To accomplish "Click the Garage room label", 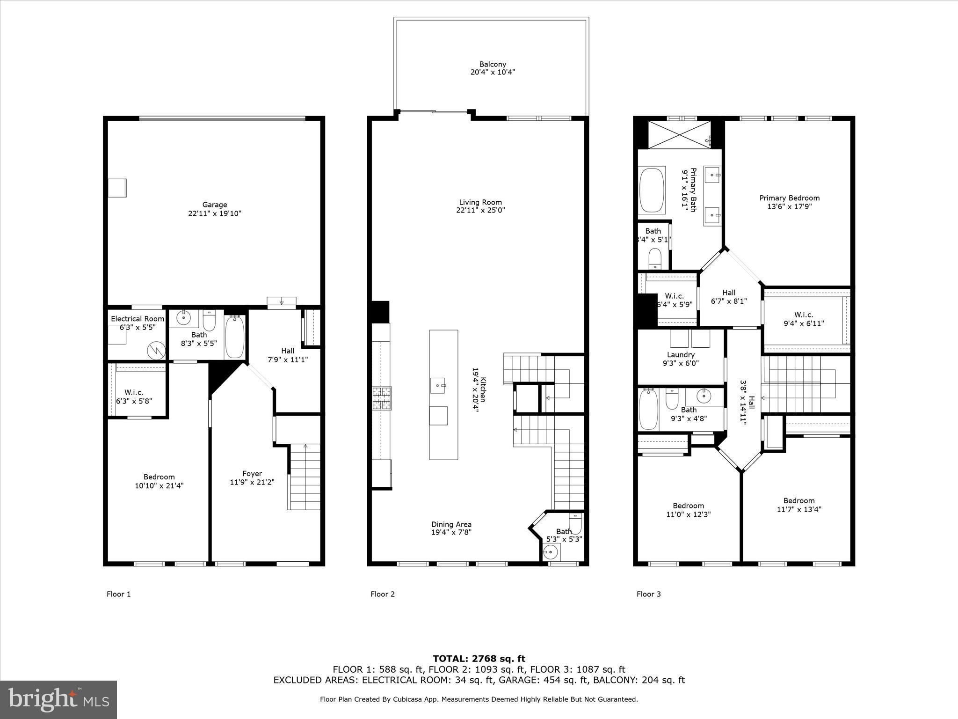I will click(x=215, y=205).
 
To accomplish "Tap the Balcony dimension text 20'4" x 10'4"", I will click(x=493, y=73).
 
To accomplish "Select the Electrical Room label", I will click(x=138, y=319).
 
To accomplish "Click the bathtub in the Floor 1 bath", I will click(x=234, y=336).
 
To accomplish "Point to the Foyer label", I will click(x=252, y=474).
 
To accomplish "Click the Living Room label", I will click(x=480, y=202).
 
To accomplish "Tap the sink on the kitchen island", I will click(x=438, y=385).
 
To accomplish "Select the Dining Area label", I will click(x=451, y=524).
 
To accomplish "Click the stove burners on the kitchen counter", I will click(x=382, y=399).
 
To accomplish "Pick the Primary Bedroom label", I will click(x=789, y=198).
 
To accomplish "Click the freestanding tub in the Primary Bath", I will click(x=652, y=191).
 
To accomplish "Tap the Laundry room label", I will click(x=681, y=355).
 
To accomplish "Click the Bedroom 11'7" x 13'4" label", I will click(x=799, y=505).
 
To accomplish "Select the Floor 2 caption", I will click(x=383, y=594).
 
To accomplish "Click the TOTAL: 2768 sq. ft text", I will click(x=479, y=659).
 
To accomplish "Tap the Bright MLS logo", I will click(x=58, y=700).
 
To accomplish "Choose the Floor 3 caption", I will click(x=648, y=594).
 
